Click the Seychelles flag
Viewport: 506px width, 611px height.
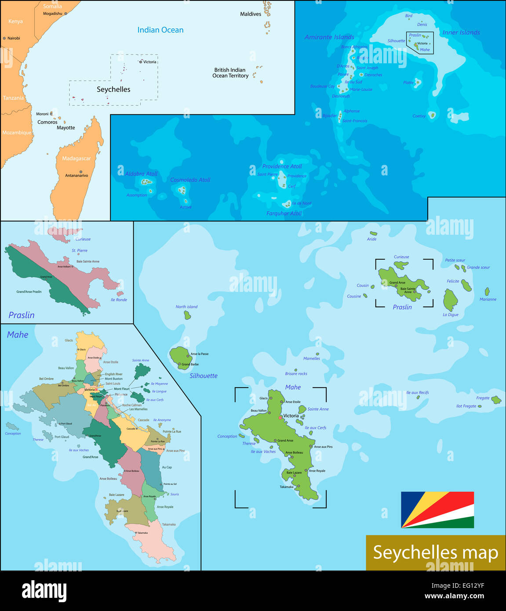point(437,509)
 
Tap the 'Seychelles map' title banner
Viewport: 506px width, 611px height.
point(435,553)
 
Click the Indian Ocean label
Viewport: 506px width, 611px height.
point(160,30)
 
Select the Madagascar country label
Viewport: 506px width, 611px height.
point(76,158)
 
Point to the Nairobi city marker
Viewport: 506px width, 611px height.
point(4,38)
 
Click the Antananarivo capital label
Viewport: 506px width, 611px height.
point(76,175)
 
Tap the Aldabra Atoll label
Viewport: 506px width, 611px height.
point(141,174)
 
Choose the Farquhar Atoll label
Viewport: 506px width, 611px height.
point(284,213)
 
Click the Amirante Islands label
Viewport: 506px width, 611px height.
point(329,37)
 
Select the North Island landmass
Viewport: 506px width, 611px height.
point(187,315)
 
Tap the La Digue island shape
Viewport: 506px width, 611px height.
point(450,300)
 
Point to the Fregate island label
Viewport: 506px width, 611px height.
point(483,398)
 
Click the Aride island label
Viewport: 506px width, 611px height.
point(371,239)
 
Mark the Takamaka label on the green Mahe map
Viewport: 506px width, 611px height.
point(286,487)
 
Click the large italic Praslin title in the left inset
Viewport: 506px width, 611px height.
point(22,315)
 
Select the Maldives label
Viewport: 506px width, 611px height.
point(251,14)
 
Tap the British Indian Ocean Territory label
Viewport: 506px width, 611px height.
point(230,73)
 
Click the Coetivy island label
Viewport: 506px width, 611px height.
point(419,116)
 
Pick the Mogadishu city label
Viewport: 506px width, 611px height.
point(52,14)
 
